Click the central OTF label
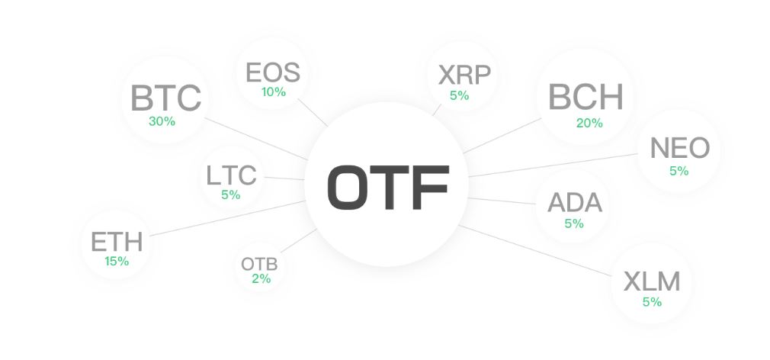point(388,187)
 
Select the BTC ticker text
point(166,98)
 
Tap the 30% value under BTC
point(162,121)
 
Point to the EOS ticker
point(273,72)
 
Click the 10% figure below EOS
point(274,92)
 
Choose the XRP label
point(464,76)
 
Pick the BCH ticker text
point(586,97)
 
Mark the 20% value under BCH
point(589,124)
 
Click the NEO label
point(679,148)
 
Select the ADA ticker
point(575,202)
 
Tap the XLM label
point(652,282)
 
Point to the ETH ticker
point(117,242)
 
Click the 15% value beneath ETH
point(117,262)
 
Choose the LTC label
point(231,175)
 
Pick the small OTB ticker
point(259,264)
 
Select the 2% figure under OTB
point(261,279)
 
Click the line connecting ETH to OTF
point(227,219)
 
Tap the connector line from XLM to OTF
point(534,250)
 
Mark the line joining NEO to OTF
point(553,165)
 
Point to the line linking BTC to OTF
point(256,139)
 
